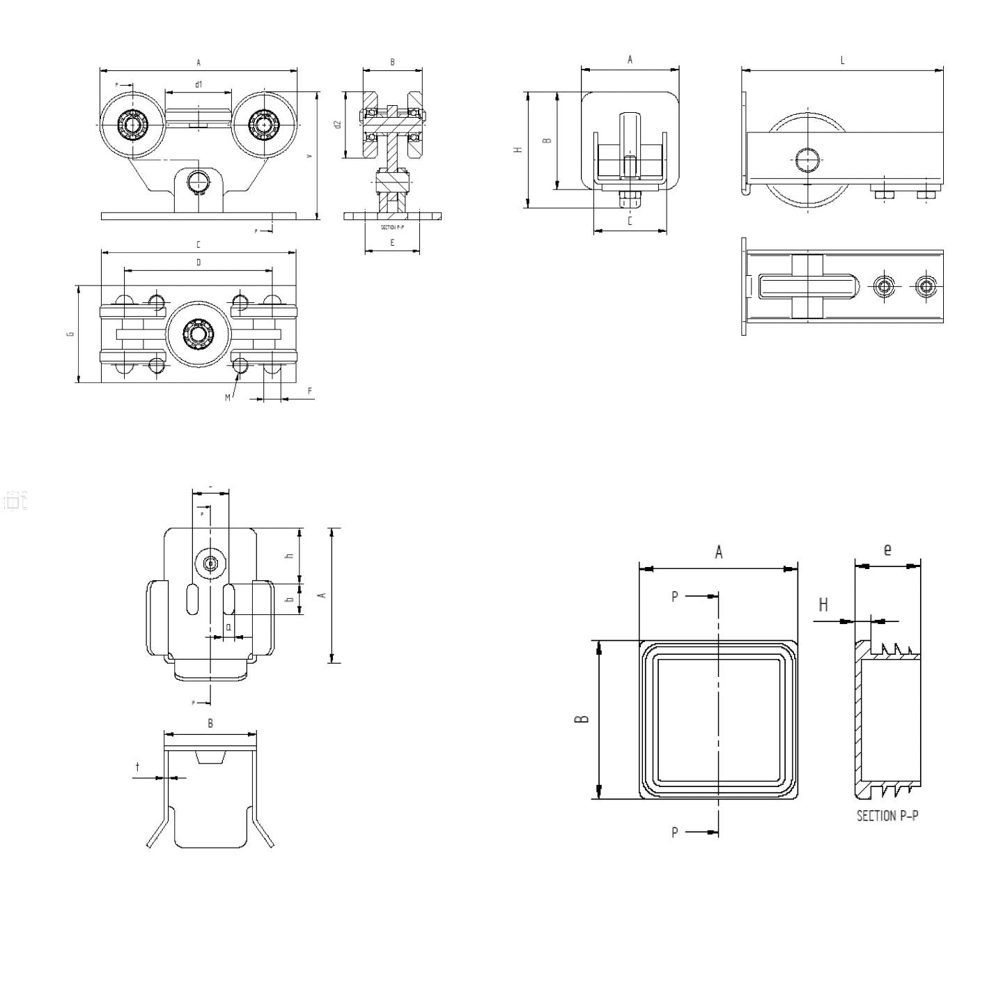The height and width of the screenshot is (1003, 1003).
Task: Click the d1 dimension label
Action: (199, 84)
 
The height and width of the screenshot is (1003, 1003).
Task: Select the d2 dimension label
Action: (337, 124)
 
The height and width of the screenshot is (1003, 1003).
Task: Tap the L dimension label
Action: (842, 61)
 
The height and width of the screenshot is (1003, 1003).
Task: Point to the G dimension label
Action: (70, 334)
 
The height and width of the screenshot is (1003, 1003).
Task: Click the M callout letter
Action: (227, 398)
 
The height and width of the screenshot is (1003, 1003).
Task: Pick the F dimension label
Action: (309, 391)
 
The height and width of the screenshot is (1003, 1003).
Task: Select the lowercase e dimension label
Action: (887, 550)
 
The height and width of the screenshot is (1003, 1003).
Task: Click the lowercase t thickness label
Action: (137, 767)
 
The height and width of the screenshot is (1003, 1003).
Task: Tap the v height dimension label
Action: (309, 156)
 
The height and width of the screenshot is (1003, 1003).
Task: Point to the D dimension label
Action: (199, 263)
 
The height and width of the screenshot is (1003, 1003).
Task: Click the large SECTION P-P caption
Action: (887, 816)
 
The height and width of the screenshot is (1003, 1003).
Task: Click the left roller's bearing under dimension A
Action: (132, 125)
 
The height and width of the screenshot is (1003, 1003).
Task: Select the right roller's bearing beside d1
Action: (263, 125)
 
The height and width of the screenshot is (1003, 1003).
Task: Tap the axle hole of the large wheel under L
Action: (807, 159)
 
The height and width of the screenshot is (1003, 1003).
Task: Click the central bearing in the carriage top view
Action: (199, 334)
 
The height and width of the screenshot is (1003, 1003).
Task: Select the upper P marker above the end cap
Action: (674, 596)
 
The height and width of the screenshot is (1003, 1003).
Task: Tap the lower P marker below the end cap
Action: (674, 832)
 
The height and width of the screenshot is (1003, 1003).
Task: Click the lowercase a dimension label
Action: (228, 626)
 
